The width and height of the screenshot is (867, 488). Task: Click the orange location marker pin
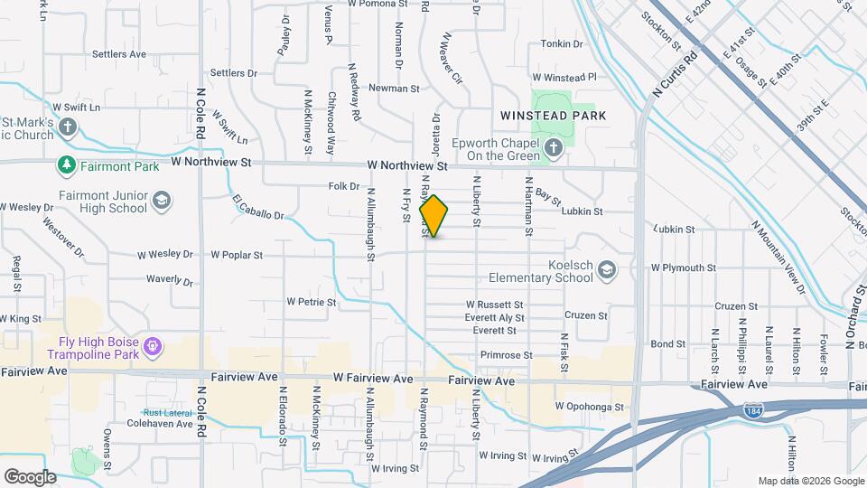pyautogui.click(x=433, y=215)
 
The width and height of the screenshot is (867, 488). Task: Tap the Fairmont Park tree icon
pyautogui.click(x=66, y=165)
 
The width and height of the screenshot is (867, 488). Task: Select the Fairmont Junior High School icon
pyautogui.click(x=161, y=200)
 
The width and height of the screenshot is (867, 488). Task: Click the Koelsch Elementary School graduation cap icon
pyautogui.click(x=608, y=269)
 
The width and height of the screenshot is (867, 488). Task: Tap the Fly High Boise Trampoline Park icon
pyautogui.click(x=153, y=345)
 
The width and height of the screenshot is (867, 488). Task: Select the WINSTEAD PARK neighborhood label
pyautogui.click(x=553, y=116)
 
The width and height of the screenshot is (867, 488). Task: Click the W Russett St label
pyautogui.click(x=494, y=305)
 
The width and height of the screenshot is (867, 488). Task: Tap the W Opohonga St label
pyautogui.click(x=590, y=408)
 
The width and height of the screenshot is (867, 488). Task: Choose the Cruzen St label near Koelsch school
pyautogui.click(x=585, y=315)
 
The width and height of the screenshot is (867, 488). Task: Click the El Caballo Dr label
pyautogui.click(x=257, y=207)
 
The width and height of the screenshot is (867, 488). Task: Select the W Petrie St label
pyautogui.click(x=311, y=302)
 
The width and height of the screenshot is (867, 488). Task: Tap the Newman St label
pyautogui.click(x=395, y=89)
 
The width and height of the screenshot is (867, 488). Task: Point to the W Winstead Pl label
pyautogui.click(x=564, y=78)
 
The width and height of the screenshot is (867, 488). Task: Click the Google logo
pyautogui.click(x=30, y=476)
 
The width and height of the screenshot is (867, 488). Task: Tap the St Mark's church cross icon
pyautogui.click(x=70, y=127)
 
